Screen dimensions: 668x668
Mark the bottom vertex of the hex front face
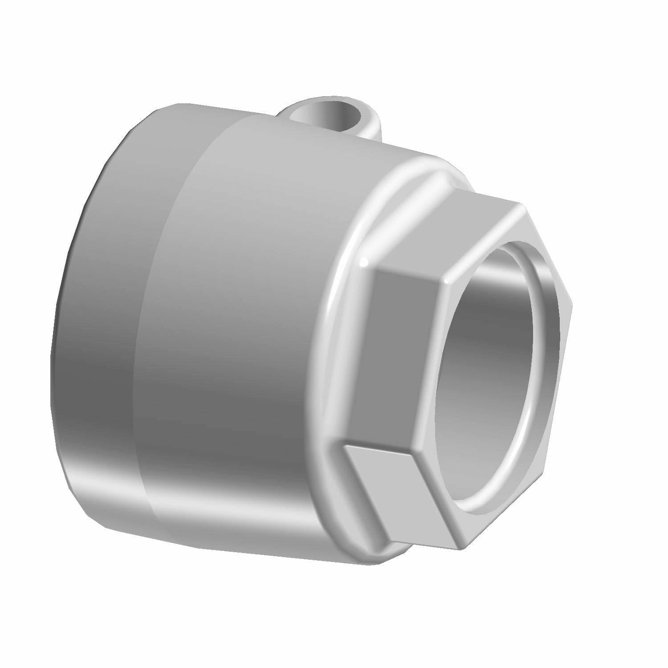click(459, 547)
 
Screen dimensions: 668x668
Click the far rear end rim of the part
click(56, 356)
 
